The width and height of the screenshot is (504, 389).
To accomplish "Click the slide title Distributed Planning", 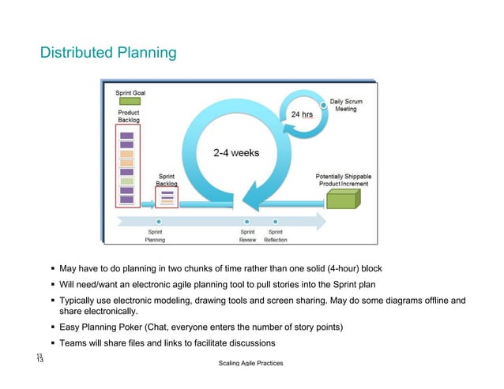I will [x=108, y=53].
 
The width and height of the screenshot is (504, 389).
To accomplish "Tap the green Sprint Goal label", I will [x=131, y=92].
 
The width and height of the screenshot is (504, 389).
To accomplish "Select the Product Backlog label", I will [x=128, y=116].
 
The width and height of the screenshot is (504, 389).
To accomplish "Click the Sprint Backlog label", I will [x=167, y=180].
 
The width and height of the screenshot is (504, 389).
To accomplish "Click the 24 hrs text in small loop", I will [x=302, y=114].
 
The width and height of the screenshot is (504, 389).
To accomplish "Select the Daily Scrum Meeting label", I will [x=346, y=105].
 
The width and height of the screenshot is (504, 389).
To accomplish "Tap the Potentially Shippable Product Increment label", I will [x=344, y=179].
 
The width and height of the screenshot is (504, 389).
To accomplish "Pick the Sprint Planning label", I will [x=155, y=236].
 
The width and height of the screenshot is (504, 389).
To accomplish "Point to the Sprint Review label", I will [x=247, y=236].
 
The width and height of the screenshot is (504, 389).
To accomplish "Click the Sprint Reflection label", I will [x=276, y=236].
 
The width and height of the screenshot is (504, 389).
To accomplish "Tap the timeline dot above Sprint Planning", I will [x=160, y=220].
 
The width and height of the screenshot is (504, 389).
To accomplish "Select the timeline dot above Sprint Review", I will [x=247, y=220].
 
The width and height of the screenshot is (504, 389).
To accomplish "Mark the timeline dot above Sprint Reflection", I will [x=275, y=220].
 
